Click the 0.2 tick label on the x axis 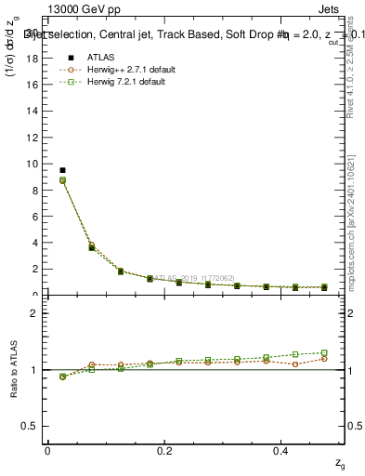click(x=164, y=451)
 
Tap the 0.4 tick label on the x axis click(x=282, y=451)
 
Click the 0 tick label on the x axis click(x=47, y=451)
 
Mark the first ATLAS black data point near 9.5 click(x=62, y=170)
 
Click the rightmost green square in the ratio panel click(x=324, y=353)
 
